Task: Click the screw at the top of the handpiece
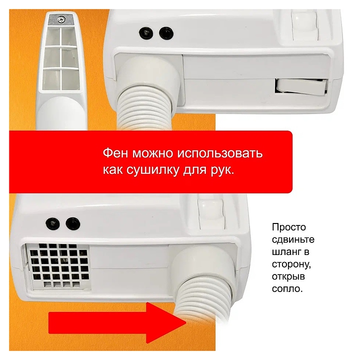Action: (x=61, y=19)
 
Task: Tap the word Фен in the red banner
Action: (x=115, y=153)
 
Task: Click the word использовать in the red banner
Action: (x=220, y=153)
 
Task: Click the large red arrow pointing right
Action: (x=117, y=322)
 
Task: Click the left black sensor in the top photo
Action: (x=146, y=33)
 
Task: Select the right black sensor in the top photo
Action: (x=166, y=33)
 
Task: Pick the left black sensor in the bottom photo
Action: (x=53, y=223)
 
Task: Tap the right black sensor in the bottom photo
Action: (x=73, y=223)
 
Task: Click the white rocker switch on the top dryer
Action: (x=301, y=86)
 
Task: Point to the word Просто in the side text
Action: (x=289, y=227)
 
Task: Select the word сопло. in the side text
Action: (x=287, y=288)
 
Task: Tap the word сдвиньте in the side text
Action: (x=293, y=239)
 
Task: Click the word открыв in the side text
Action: (x=288, y=276)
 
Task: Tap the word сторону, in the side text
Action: (x=291, y=264)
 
